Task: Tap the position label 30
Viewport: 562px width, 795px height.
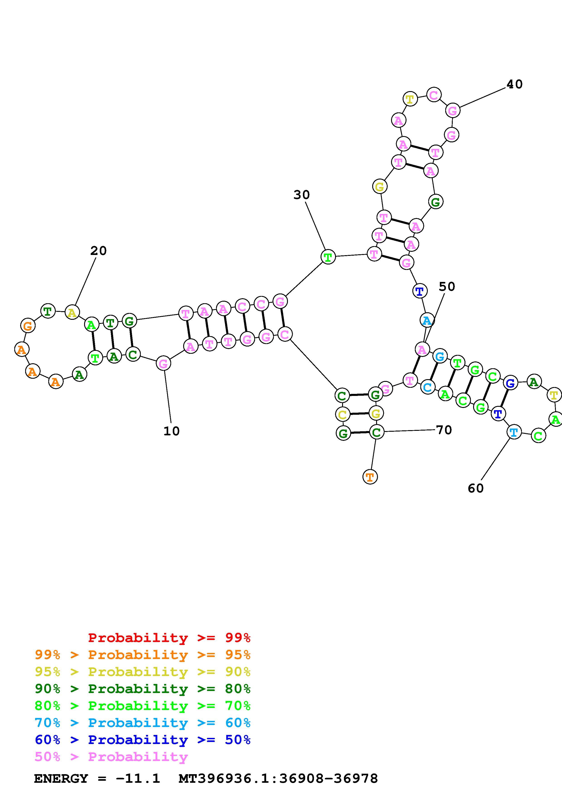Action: click(x=301, y=195)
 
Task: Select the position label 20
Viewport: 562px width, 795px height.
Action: click(x=98, y=251)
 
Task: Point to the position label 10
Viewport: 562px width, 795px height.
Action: click(x=171, y=431)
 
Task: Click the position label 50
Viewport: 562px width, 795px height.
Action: click(x=447, y=287)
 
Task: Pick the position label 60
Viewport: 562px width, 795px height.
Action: click(x=475, y=488)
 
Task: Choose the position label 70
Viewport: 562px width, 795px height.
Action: click(x=444, y=430)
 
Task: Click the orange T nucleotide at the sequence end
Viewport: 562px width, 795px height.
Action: click(x=370, y=477)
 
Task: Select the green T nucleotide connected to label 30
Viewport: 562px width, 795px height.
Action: click(x=328, y=257)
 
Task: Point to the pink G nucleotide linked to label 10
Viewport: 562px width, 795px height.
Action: click(x=163, y=364)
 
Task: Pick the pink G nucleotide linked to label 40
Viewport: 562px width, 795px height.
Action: click(x=452, y=111)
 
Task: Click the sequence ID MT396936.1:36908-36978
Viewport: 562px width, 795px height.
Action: click(x=278, y=779)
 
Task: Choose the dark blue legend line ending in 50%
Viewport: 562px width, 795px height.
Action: click(x=143, y=740)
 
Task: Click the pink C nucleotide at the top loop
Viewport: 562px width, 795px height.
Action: click(x=433, y=95)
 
